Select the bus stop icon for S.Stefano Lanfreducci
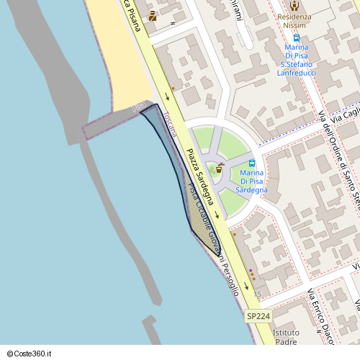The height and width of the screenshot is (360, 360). point(296,37)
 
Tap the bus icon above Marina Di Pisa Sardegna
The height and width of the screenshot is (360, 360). point(251,163)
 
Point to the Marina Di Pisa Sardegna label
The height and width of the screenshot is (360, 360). point(251,181)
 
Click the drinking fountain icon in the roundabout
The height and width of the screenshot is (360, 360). point(219,168)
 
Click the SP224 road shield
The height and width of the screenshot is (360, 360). point(258,316)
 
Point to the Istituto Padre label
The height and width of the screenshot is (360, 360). point(286,338)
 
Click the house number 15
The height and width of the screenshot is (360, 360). point(258,295)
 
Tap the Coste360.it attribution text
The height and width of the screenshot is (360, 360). point(30,354)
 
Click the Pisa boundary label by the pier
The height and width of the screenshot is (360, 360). point(138,107)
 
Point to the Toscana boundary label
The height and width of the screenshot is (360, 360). point(169,124)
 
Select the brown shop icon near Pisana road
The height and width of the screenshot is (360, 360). point(152,16)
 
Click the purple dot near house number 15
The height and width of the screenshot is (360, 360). point(250,271)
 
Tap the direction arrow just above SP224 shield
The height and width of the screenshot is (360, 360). point(246,287)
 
